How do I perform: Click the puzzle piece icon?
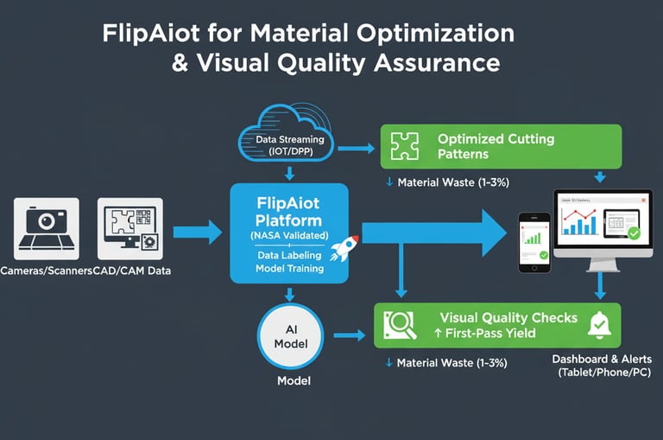coord(405,146)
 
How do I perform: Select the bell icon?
coord(598,325)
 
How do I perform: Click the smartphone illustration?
coord(535,243)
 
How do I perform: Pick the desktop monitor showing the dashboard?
coord(601,226)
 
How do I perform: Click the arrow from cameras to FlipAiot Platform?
coord(198,232)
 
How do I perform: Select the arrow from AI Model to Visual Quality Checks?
coord(347,335)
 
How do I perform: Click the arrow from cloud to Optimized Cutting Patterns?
coord(355,148)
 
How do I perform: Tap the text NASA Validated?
coord(288,235)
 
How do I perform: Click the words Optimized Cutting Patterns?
coord(496,146)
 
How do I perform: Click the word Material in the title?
coord(299,35)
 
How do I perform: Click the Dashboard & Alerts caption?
coord(601,359)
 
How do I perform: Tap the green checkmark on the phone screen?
coord(542,255)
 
